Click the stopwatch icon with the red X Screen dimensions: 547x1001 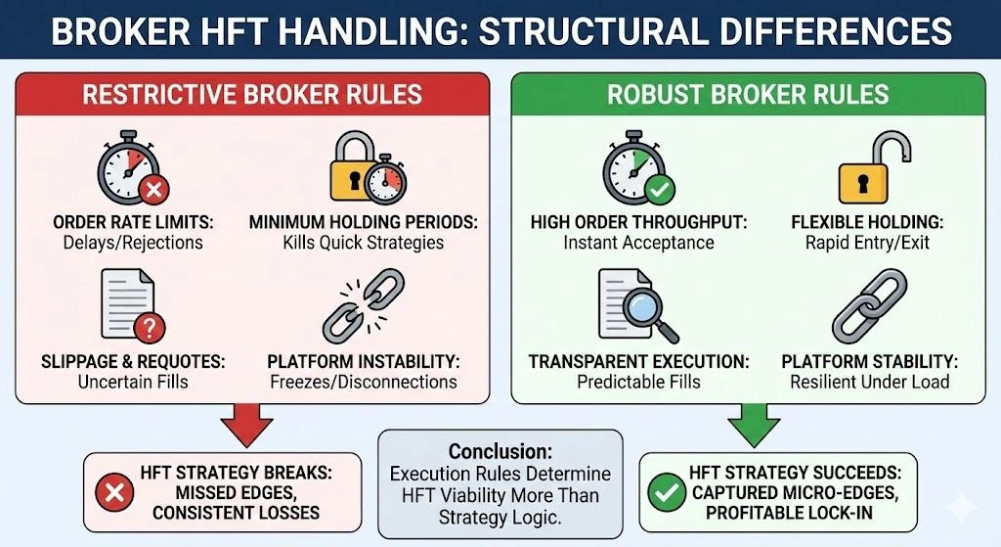(128, 170)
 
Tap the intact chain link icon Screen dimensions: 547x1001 (870, 305)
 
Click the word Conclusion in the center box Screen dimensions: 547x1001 (500, 451)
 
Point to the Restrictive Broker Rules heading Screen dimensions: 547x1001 (251, 95)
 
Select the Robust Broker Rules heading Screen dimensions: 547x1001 (748, 95)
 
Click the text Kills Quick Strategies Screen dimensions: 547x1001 (363, 243)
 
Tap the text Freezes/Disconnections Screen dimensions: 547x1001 (363, 382)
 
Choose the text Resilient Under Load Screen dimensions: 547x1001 (870, 382)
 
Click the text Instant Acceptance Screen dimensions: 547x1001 (638, 243)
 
